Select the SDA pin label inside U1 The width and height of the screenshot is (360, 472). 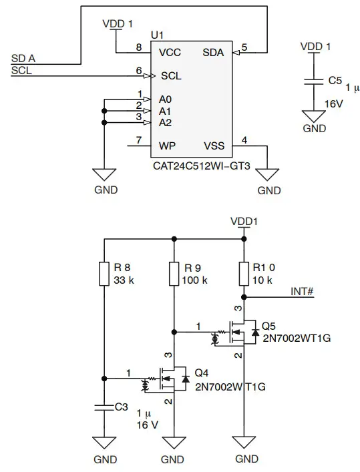pos(214,52)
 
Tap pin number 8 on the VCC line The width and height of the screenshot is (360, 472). pos(139,47)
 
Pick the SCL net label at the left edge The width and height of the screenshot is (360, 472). pos(23,71)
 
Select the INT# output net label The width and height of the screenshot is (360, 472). pos(303,291)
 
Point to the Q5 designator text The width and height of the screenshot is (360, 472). pos(268,326)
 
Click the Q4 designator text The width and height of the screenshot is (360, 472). pos(201,373)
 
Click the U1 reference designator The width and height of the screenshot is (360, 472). pos(158,33)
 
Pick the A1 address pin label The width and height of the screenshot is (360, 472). pos(165,111)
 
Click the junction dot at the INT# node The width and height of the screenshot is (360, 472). pos(244,296)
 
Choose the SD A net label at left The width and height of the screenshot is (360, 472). pos(24,59)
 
